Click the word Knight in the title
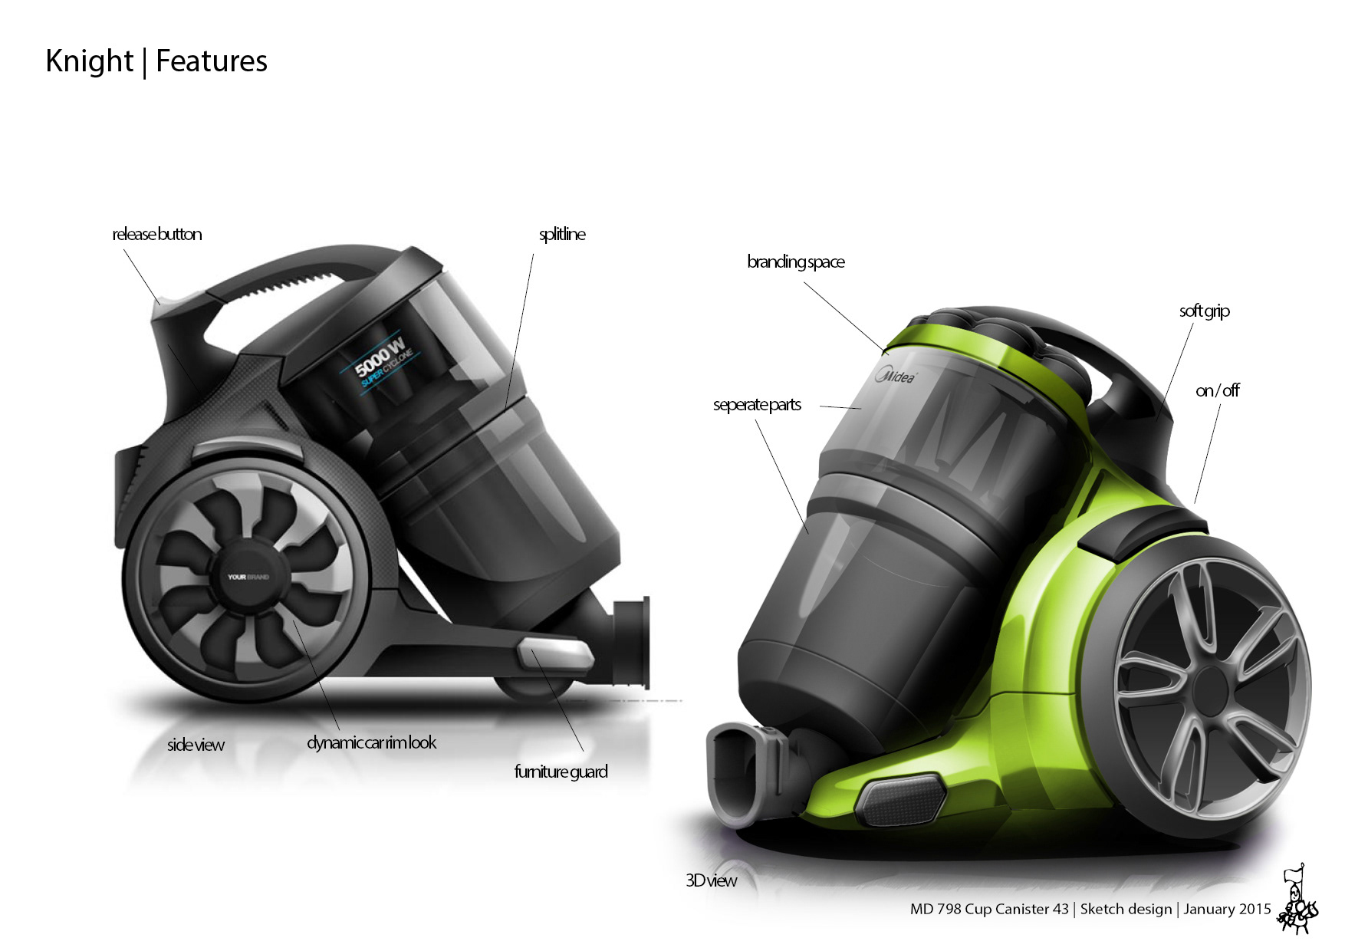coord(90,61)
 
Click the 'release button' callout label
coord(157,234)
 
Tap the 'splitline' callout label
coord(562,234)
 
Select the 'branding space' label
coord(796,262)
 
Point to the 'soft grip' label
coord(1204,311)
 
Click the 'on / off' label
coord(1217,390)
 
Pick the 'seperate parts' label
coord(757,404)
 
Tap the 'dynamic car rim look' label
coord(371,742)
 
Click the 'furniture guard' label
coord(561,772)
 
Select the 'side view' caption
coord(196,745)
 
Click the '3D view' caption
coord(711,880)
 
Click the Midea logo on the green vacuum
coord(895,376)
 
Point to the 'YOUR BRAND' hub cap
coord(248,577)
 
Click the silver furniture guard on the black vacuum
coord(556,654)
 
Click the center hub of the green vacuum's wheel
coord(1210,686)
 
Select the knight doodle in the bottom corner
coord(1297,902)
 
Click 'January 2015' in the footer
coord(1227,909)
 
